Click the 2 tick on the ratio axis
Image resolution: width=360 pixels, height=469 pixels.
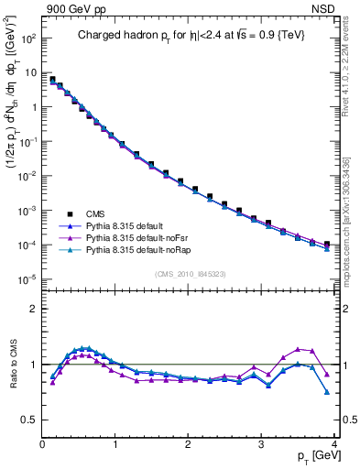click(34, 309)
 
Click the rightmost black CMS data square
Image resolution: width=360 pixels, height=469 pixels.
click(327, 245)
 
